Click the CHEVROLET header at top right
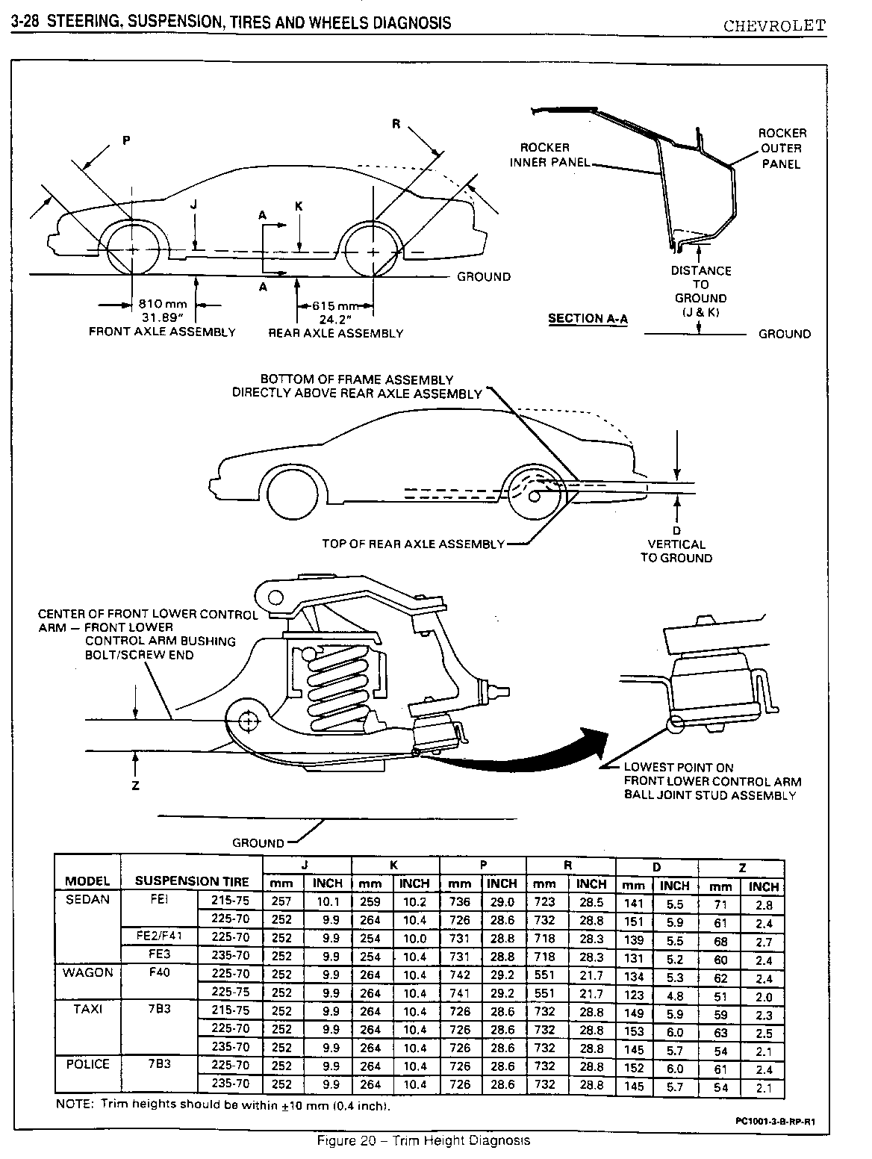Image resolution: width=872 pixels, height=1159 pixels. pyautogui.click(x=774, y=25)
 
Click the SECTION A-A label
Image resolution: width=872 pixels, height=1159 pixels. pyautogui.click(x=588, y=319)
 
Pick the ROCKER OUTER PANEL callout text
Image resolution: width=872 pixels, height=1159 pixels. pyautogui.click(x=782, y=149)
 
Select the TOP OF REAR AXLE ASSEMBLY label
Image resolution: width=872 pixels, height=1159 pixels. pyautogui.click(x=413, y=544)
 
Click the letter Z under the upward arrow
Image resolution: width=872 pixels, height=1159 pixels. pyautogui.click(x=135, y=785)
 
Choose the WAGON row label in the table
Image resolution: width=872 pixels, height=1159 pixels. pyautogui.click(x=87, y=972)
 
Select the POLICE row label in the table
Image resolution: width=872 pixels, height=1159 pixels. pyautogui.click(x=87, y=1064)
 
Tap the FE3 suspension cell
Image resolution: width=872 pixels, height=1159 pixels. pyautogui.click(x=158, y=954)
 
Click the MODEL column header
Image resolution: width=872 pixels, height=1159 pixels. pyautogui.click(x=87, y=881)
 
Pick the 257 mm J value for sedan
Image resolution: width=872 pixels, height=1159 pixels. pyautogui.click(x=281, y=901)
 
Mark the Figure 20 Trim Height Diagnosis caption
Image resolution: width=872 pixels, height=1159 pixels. pyautogui.click(x=423, y=1140)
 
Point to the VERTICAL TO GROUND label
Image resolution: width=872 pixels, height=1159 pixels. pyautogui.click(x=676, y=551)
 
